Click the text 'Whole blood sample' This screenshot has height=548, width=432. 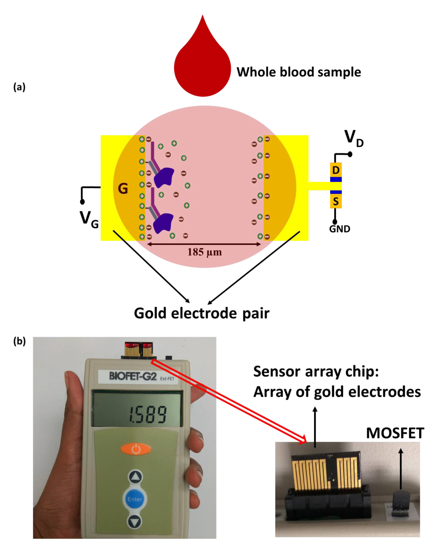click(298, 72)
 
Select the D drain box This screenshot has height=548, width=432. click(336, 170)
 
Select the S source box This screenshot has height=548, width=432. click(336, 201)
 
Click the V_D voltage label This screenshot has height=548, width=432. click(354, 139)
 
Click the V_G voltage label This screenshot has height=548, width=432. click(89, 219)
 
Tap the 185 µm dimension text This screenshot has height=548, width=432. click(204, 252)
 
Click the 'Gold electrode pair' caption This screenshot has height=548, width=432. click(202, 313)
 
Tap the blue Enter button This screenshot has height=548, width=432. click(134, 499)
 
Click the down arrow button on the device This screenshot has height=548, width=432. click(134, 521)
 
